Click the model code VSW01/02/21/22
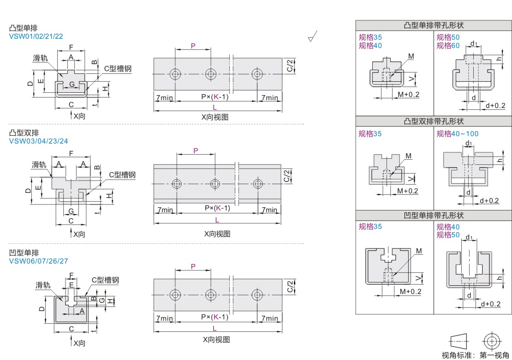(x=36, y=36)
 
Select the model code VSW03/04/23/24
(x=39, y=141)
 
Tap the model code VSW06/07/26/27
(x=39, y=261)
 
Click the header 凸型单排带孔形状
(x=434, y=25)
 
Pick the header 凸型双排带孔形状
(x=434, y=121)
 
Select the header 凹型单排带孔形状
(x=434, y=215)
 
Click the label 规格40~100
(x=458, y=133)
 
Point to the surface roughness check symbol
(x=312, y=36)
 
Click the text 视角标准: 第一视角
(x=476, y=355)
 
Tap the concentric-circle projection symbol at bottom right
(x=492, y=342)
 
